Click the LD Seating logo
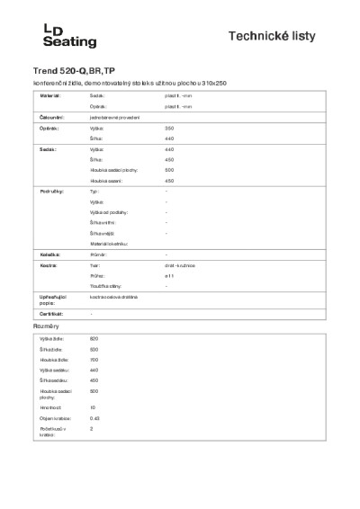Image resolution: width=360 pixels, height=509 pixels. click(x=69, y=35)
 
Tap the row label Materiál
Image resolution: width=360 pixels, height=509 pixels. click(x=50, y=94)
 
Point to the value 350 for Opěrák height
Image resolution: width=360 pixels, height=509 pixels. click(x=169, y=129)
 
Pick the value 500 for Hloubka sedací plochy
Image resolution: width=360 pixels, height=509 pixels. click(x=169, y=170)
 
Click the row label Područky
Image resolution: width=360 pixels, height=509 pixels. click(x=51, y=192)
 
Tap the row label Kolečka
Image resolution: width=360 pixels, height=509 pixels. click(x=49, y=254)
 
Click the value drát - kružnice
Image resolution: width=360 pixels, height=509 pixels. click(x=181, y=265)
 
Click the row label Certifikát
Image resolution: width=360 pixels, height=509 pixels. click(x=51, y=313)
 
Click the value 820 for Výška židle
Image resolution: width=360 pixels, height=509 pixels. click(x=94, y=338)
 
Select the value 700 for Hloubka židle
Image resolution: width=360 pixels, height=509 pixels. click(x=94, y=360)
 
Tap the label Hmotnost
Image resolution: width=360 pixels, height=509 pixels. click(x=49, y=407)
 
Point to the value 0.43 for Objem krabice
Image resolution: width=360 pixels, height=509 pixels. click(x=94, y=418)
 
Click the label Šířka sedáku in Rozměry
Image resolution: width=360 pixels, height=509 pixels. click(x=52, y=380)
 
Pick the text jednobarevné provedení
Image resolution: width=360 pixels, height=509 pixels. click(x=115, y=117)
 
